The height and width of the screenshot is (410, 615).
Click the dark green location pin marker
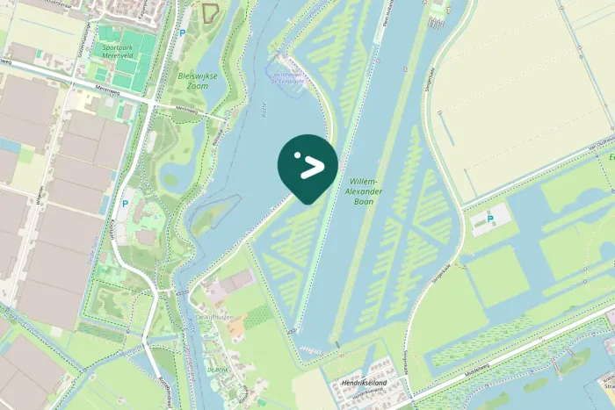307,167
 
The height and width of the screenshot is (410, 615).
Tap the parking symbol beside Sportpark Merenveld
182,32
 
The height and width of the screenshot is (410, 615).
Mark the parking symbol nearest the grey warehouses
124,201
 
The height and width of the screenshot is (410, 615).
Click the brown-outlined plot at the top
209,13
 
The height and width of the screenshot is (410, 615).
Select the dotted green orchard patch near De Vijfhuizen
257,317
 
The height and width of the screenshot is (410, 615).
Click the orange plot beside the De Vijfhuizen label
237,327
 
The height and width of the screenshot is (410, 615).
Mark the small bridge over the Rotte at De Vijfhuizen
184,292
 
